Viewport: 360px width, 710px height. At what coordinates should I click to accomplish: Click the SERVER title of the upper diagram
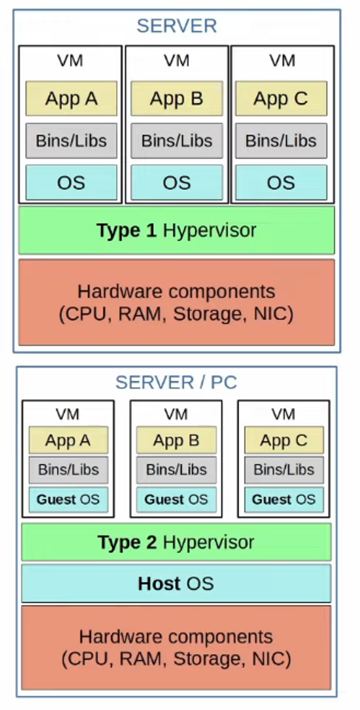176,26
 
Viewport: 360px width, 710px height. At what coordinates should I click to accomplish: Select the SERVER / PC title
176,382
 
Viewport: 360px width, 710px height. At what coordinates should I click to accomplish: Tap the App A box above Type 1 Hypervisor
71,99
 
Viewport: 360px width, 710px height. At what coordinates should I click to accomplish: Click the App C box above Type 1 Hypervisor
281,99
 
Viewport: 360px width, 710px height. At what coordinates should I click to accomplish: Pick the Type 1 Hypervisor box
176,230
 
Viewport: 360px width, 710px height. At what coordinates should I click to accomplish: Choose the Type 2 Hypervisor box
176,542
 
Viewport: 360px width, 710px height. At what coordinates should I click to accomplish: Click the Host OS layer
176,583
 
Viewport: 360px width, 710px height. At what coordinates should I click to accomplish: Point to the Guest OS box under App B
176,500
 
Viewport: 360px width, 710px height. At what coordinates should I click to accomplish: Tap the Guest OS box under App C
284,500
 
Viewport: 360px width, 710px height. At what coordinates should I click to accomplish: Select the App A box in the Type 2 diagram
68,441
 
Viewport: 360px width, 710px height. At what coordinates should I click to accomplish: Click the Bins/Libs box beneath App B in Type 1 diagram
176,141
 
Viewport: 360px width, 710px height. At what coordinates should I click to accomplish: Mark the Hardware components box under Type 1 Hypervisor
176,302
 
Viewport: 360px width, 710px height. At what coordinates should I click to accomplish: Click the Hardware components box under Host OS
176,647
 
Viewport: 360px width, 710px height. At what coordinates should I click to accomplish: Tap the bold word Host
159,583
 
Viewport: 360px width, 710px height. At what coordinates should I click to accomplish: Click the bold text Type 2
127,542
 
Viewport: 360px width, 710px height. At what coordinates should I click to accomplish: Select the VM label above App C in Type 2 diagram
284,415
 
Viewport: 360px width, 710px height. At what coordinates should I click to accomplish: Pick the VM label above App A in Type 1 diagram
70,60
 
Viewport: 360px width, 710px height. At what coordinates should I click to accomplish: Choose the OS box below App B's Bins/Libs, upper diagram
176,183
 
